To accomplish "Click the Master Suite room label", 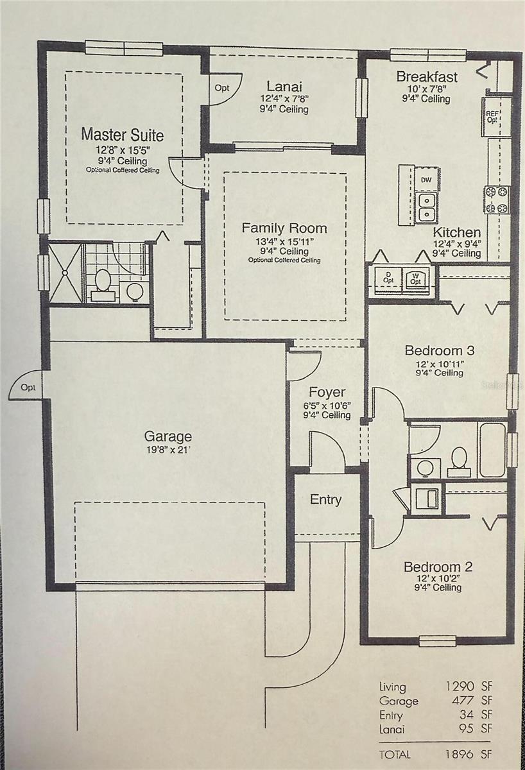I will point(122,135).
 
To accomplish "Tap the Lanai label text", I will point(284,87).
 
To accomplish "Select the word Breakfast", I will point(427,77).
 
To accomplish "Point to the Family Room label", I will point(284,228).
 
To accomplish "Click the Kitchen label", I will point(456,232).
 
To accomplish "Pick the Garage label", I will point(168,437).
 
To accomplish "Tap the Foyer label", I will point(327,392).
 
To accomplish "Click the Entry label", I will point(326,500).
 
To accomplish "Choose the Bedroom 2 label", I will point(438,567).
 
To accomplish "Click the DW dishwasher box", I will point(426,180).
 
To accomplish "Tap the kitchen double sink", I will point(426,207).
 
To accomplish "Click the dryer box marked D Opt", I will point(388,278).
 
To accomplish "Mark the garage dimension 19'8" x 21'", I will point(168,450).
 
